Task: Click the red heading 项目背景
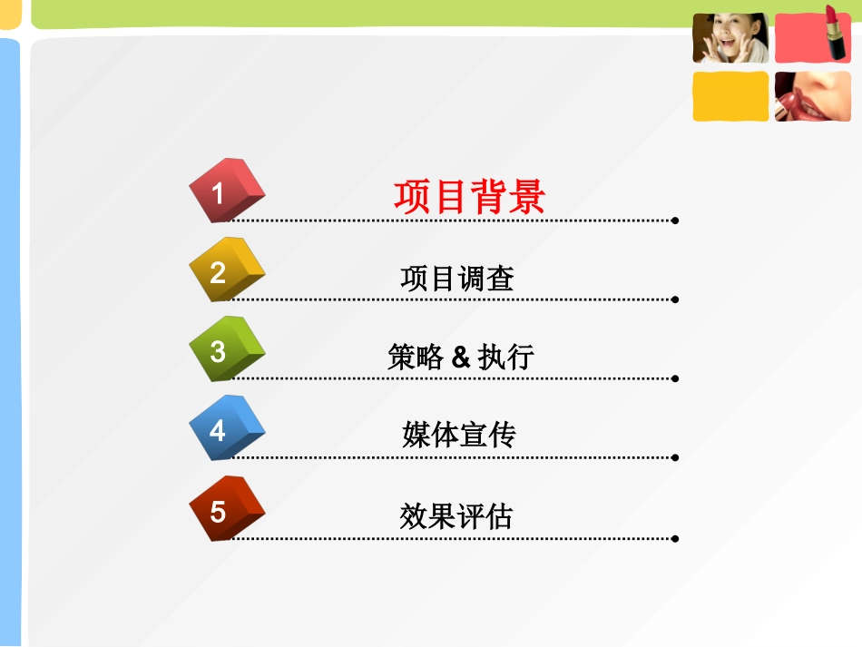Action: (x=469, y=196)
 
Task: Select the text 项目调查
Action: (x=457, y=278)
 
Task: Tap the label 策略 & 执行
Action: (x=460, y=357)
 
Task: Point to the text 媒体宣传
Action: (x=458, y=436)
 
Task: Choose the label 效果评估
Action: (x=456, y=515)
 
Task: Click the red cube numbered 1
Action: (x=225, y=191)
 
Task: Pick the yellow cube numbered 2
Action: (x=225, y=270)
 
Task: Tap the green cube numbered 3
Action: (x=225, y=350)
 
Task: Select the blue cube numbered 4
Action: (x=225, y=429)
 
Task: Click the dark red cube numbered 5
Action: (x=225, y=509)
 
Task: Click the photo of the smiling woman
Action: (x=730, y=38)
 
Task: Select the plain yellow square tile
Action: (x=730, y=96)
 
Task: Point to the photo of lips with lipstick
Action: (x=812, y=96)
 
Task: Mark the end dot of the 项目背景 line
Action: (x=675, y=220)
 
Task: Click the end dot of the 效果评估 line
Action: (x=675, y=538)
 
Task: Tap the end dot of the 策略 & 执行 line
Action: (x=675, y=378)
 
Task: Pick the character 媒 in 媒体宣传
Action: (x=416, y=436)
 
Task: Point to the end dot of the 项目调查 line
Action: (x=675, y=299)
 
